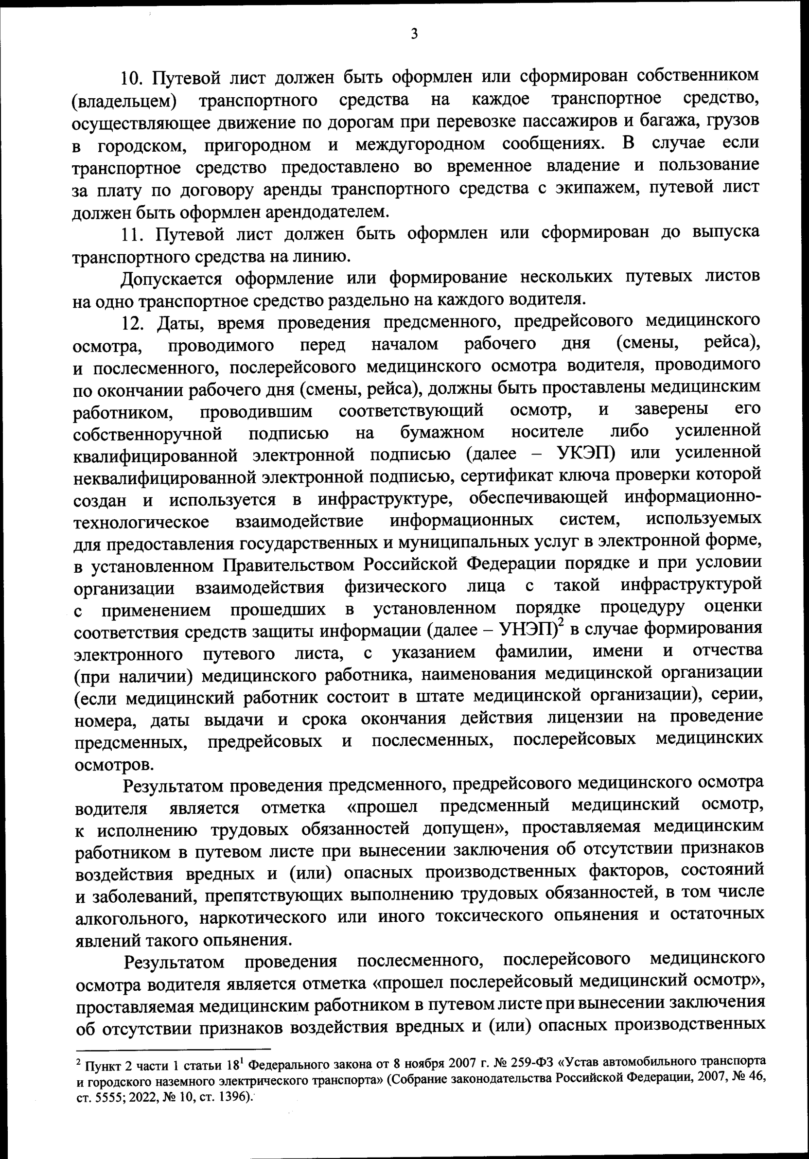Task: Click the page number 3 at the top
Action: [414, 35]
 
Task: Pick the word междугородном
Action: [420, 145]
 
